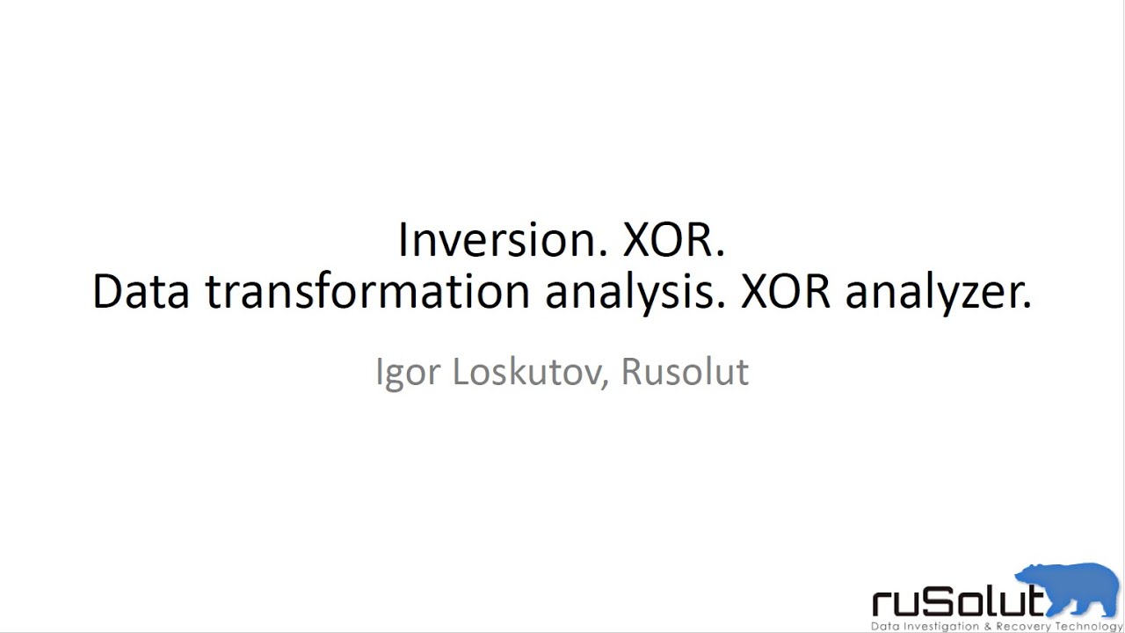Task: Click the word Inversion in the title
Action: point(502,240)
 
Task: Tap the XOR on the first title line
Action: point(673,240)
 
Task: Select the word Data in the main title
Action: point(141,292)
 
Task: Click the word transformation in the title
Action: point(367,292)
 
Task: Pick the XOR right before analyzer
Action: point(785,292)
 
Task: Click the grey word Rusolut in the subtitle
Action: point(685,371)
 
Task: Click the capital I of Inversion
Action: point(403,240)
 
